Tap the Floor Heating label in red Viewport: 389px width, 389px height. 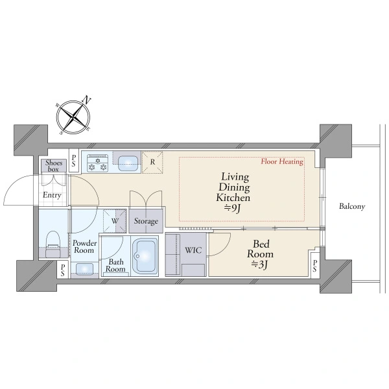282,161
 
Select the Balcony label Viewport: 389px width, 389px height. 352,206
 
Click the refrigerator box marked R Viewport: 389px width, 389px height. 152,162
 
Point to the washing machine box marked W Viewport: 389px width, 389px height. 115,221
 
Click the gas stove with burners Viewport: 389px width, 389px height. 98,163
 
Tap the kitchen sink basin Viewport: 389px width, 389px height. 128,164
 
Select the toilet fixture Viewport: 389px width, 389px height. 53,244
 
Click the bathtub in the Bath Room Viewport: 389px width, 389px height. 145,256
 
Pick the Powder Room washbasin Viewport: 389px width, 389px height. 84,268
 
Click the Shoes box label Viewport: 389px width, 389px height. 54,166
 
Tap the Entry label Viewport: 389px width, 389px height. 52,195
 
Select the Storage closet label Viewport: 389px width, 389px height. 146,221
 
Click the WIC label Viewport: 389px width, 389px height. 193,250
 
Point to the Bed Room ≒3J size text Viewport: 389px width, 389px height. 260,265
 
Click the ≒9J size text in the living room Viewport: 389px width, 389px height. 233,208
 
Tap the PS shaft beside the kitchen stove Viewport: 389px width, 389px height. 74,160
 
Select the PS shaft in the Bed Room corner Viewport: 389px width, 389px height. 315,265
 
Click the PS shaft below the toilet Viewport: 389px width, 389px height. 63,270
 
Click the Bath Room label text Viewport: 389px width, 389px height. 115,265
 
